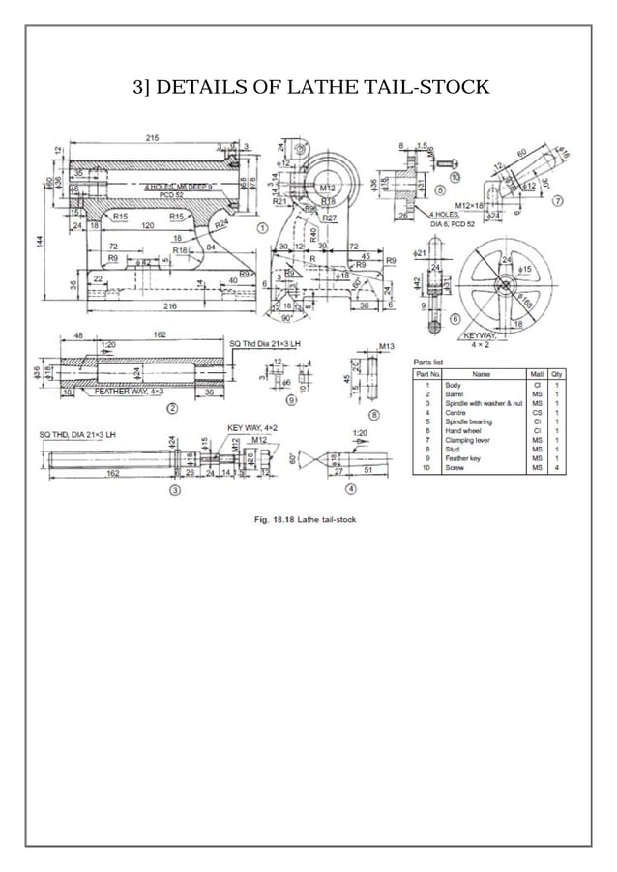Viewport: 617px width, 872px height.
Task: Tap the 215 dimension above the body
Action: tap(153, 139)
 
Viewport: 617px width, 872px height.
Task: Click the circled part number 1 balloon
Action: tap(262, 227)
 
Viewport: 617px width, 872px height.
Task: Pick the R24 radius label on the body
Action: tap(221, 223)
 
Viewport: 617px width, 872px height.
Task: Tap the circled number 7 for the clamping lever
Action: tap(558, 202)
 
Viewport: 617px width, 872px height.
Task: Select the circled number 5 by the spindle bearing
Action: tap(440, 191)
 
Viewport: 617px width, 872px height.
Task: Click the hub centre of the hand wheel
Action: tap(504, 283)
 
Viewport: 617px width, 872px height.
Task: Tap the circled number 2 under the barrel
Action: tap(171, 408)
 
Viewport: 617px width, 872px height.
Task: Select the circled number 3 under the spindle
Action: tap(175, 490)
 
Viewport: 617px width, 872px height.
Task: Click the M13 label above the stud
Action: tap(387, 346)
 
